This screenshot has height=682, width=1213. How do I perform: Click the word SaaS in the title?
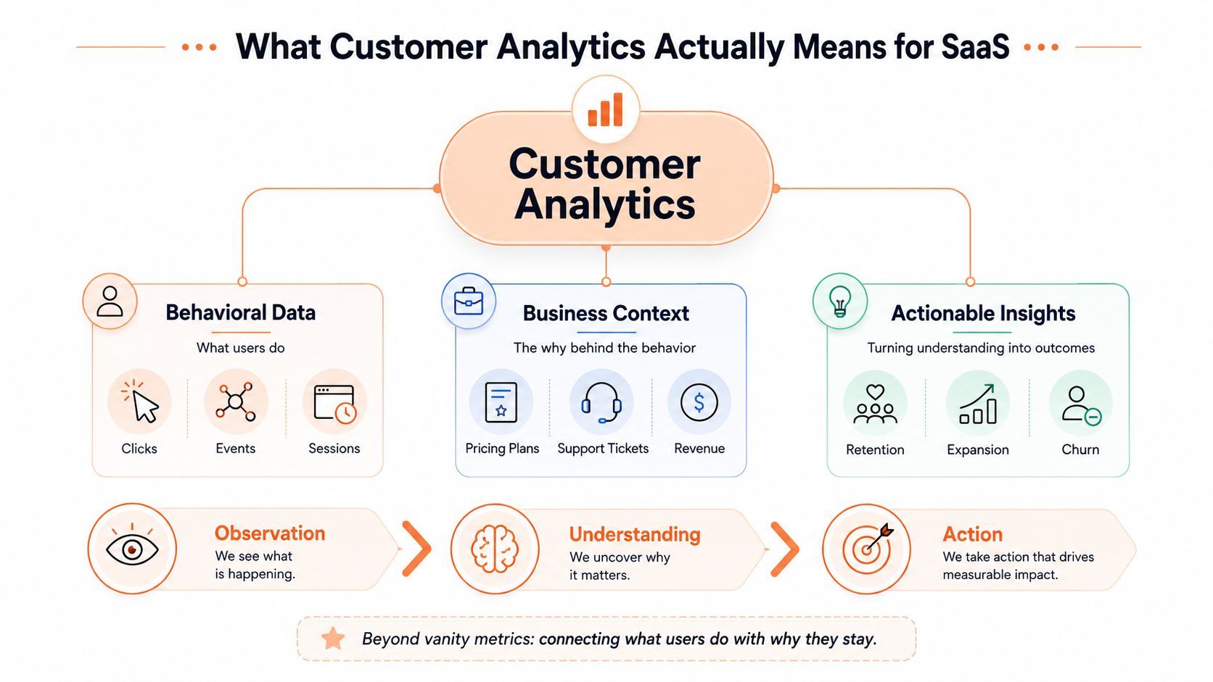coord(975,46)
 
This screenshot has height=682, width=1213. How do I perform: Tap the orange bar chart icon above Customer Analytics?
coord(606,109)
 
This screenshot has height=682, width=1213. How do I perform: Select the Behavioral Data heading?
coord(240,312)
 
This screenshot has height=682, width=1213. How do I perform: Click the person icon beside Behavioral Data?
coord(110,302)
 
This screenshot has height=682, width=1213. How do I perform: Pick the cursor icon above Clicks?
coord(140,402)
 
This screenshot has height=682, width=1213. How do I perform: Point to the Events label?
coord(235,449)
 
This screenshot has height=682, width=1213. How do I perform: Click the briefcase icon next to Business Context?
coord(469,302)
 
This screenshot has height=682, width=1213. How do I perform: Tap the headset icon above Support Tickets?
coord(601,402)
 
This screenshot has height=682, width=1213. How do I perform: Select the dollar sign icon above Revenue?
coord(699,402)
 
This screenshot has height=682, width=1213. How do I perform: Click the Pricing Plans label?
coord(502,449)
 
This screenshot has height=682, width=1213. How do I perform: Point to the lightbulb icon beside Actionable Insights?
coord(840,301)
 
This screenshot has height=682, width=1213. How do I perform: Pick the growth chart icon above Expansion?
coord(977,404)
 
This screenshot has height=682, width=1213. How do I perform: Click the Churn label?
coord(1080,449)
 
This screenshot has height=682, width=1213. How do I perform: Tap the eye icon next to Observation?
coord(132,547)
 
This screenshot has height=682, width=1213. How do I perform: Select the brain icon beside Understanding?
coord(494,549)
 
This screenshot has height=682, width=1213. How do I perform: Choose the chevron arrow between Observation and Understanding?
coord(417,549)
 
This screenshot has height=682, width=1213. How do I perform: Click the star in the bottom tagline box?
coord(332,639)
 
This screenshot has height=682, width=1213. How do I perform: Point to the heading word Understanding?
coord(635,534)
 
